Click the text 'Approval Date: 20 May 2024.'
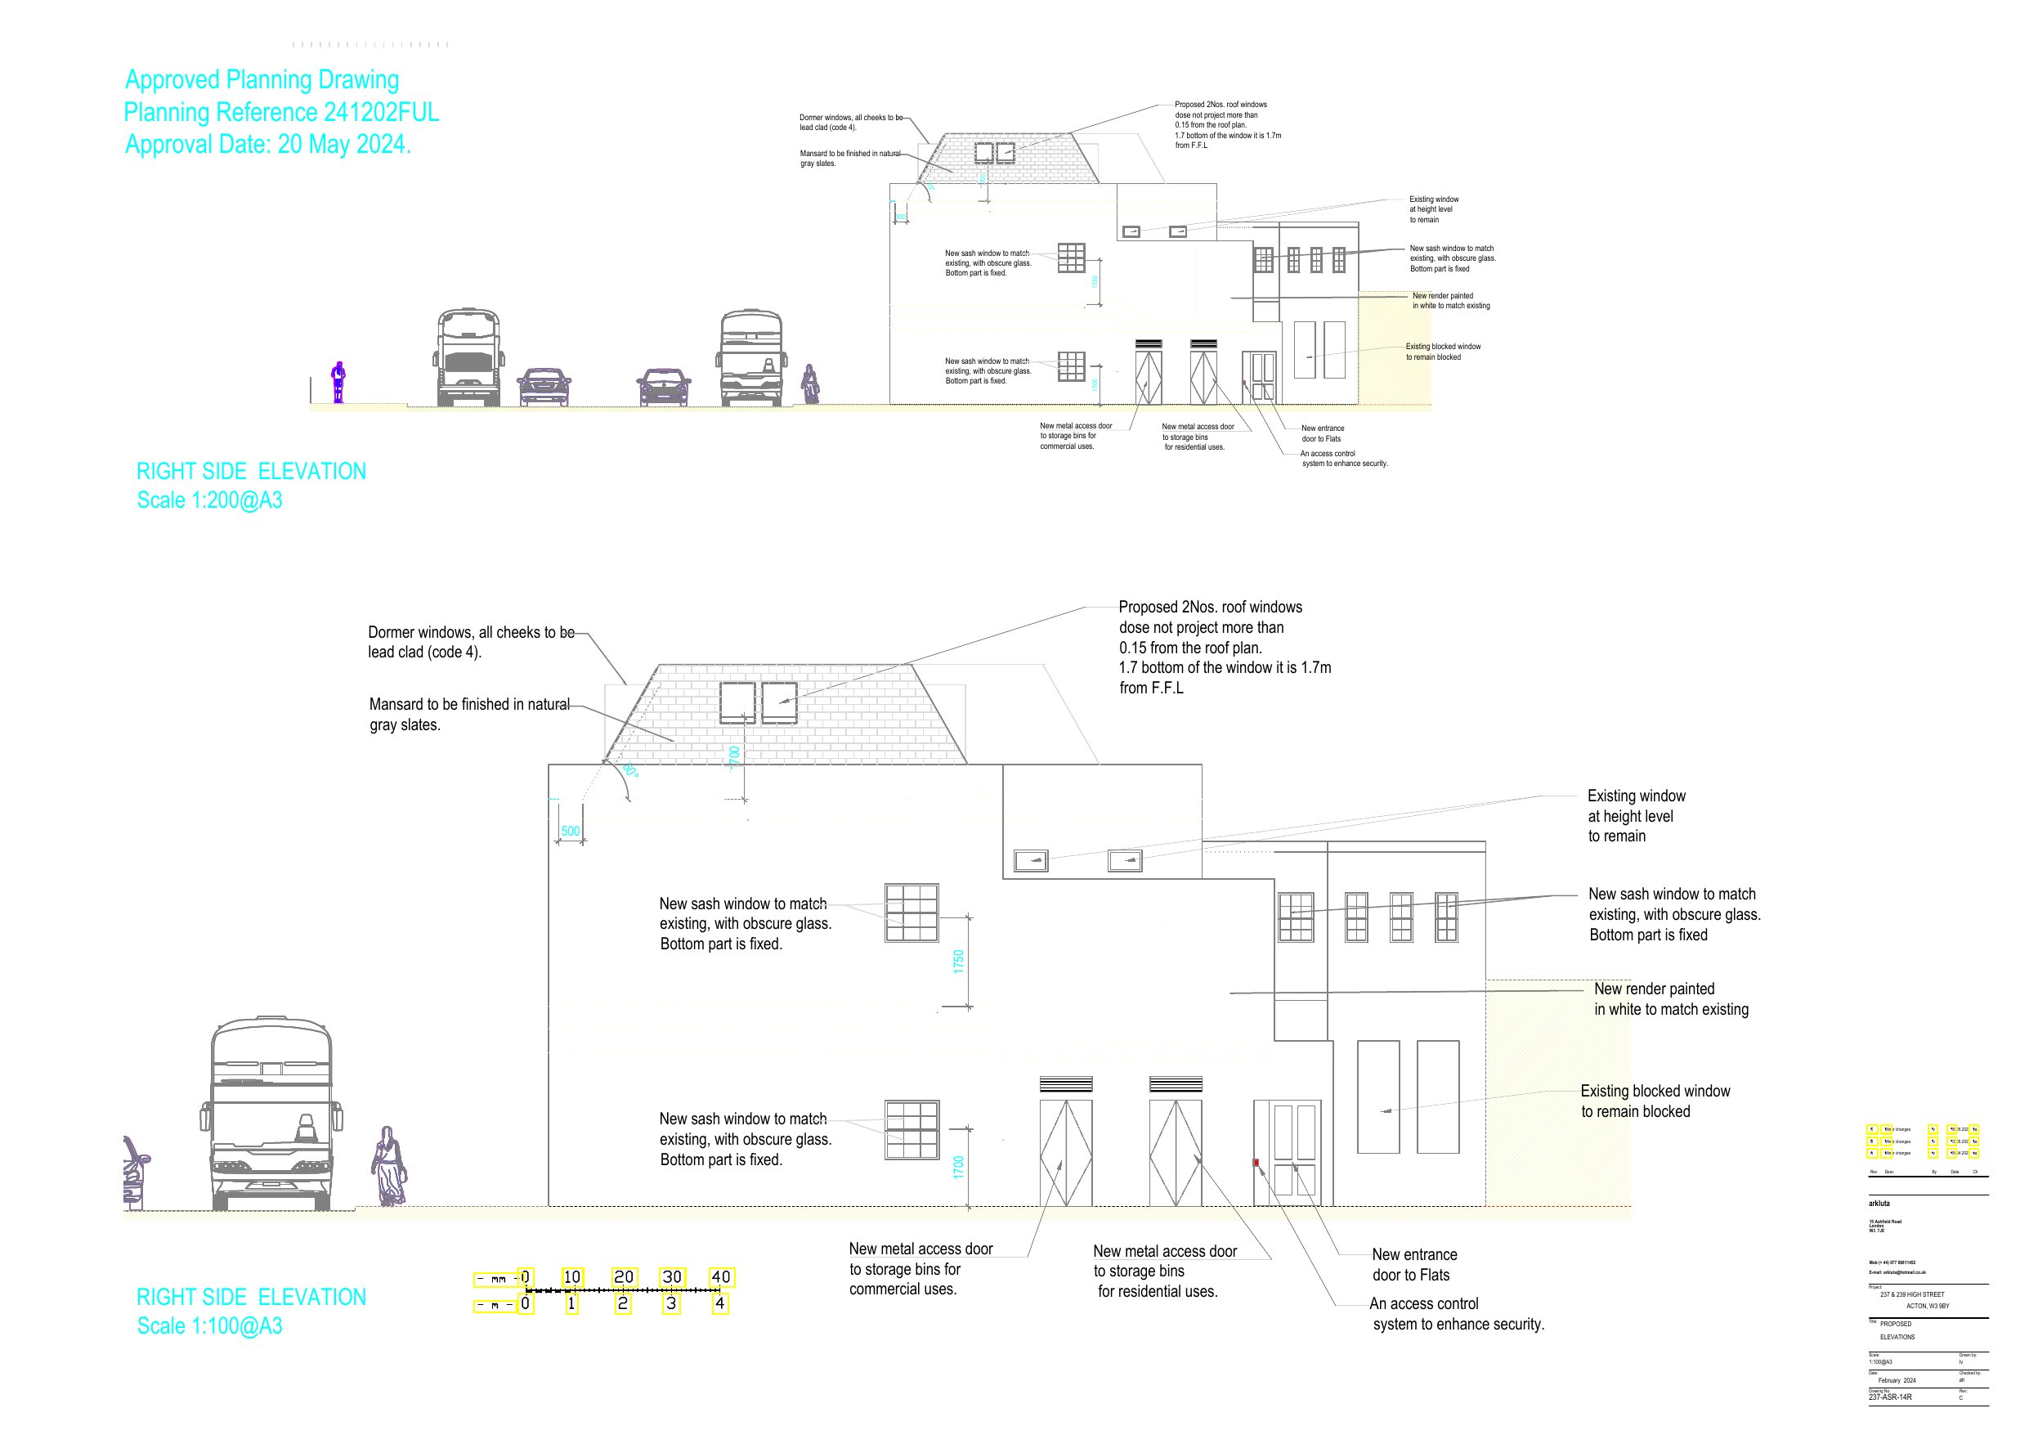click(268, 144)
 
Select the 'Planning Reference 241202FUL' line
click(281, 112)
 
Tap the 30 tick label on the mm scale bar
click(672, 1276)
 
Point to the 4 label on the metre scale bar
click(719, 1303)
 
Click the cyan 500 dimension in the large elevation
click(571, 831)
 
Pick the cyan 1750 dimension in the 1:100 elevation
click(958, 961)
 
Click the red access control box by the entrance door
click(1256, 1163)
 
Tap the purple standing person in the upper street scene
click(338, 382)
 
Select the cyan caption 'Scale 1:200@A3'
click(209, 500)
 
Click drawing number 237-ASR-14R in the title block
click(1890, 1397)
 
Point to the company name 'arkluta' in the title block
click(1879, 1204)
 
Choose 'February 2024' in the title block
click(1897, 1380)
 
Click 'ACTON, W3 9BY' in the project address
click(1928, 1306)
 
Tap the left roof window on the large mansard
click(737, 703)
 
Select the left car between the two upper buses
click(544, 387)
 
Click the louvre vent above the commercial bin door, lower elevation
click(1066, 1084)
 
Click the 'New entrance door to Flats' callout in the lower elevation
click(1414, 1264)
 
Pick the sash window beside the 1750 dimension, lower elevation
click(911, 913)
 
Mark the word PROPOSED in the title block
click(1896, 1324)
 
